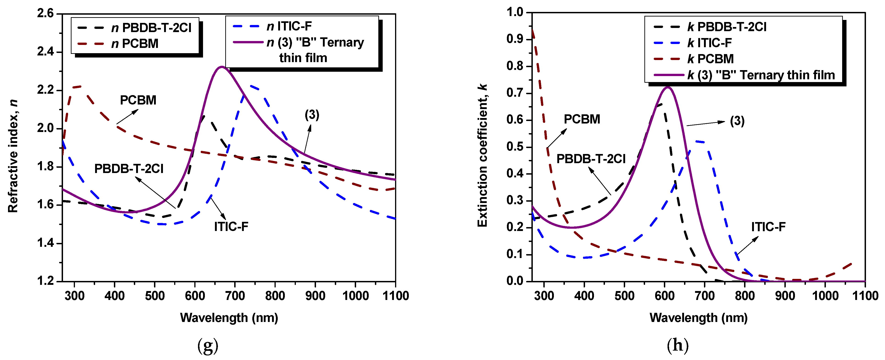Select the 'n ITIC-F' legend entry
click(289, 26)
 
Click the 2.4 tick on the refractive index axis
click(45, 52)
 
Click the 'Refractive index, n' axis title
click(13, 156)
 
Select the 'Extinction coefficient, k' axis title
click(483, 155)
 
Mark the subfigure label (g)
click(208, 345)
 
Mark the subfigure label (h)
click(677, 345)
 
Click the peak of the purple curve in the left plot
click(222, 67)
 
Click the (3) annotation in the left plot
click(312, 115)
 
